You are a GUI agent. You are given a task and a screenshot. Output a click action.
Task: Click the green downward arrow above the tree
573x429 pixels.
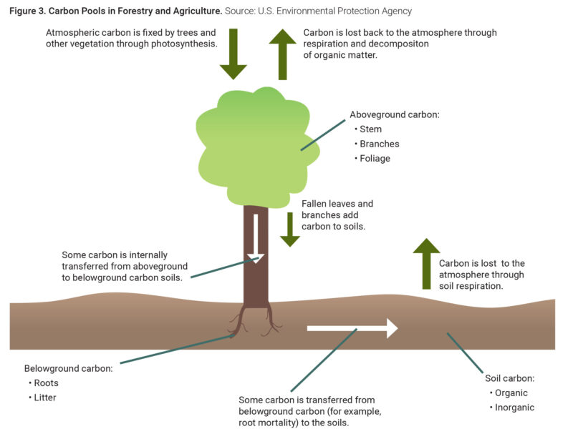[233, 54]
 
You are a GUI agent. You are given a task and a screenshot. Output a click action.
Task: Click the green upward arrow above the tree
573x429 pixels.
[282, 54]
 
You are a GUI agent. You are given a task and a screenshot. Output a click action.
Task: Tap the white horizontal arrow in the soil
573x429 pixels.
[352, 328]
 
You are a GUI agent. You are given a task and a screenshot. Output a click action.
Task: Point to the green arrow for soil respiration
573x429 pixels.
[426, 264]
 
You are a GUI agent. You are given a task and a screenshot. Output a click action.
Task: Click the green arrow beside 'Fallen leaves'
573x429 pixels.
[289, 230]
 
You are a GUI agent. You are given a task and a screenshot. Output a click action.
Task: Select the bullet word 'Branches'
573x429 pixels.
[379, 144]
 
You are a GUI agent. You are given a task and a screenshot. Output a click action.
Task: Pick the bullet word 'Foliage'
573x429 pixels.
[375, 158]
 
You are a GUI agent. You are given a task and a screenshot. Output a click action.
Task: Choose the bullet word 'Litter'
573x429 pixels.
[46, 397]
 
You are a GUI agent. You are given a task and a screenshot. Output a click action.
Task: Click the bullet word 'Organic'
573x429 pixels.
[511, 393]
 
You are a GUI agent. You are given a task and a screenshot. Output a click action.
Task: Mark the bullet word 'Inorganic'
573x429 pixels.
[514, 407]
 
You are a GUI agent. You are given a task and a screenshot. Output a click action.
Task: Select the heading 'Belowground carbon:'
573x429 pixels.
[68, 368]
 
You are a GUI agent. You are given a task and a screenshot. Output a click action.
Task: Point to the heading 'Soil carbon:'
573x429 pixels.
[510, 378]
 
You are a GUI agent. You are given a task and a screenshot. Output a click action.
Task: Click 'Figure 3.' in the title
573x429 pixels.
[27, 11]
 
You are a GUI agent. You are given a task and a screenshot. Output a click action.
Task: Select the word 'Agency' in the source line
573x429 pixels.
[395, 11]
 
